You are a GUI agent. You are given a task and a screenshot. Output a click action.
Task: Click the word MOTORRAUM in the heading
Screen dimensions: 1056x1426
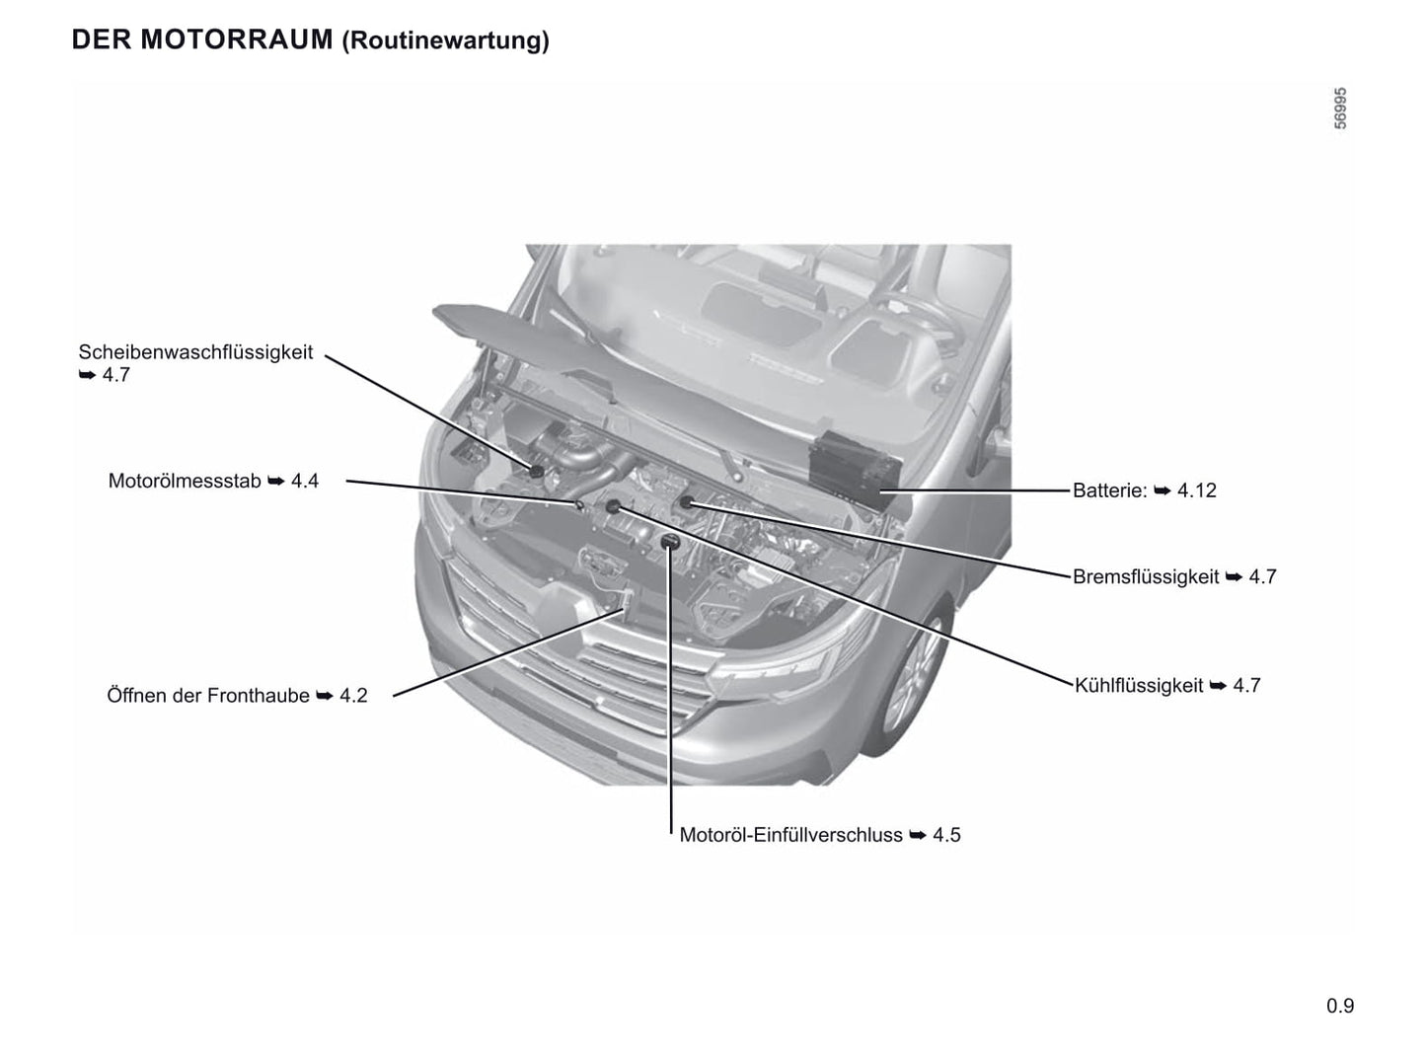(x=237, y=40)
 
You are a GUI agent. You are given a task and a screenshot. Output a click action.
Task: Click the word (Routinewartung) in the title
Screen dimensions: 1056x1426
(x=445, y=41)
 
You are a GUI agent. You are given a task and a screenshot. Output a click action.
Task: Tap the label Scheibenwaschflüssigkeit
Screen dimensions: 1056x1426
(x=195, y=352)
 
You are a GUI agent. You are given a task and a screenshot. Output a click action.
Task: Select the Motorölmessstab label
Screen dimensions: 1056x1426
(x=185, y=482)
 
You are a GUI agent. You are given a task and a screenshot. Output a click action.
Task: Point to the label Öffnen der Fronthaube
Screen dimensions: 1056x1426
(x=208, y=696)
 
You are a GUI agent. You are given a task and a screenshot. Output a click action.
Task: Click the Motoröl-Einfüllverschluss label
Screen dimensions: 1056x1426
(x=790, y=836)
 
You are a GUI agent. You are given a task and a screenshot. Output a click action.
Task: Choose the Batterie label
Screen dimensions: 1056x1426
(x=1109, y=490)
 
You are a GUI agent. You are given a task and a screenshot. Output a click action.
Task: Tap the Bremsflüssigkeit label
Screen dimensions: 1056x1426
(x=1146, y=577)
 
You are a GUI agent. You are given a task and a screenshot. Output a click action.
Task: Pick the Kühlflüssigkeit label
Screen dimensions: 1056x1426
(x=1139, y=686)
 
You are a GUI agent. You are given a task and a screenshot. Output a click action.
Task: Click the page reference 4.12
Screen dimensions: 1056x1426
(x=1196, y=490)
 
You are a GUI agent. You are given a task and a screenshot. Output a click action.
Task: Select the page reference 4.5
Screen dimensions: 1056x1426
(x=945, y=836)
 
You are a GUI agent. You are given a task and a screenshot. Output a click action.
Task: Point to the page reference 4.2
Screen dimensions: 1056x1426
(x=352, y=696)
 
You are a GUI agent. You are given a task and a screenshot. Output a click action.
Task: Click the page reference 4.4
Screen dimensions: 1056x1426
(x=304, y=482)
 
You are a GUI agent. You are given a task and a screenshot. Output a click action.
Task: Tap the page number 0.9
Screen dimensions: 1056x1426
(x=1340, y=1007)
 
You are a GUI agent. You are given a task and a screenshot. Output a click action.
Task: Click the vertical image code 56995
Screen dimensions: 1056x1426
(x=1339, y=108)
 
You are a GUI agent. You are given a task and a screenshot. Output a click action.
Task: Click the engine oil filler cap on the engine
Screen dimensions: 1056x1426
(x=670, y=540)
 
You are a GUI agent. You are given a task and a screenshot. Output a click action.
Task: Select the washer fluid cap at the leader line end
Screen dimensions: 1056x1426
(x=536, y=471)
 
